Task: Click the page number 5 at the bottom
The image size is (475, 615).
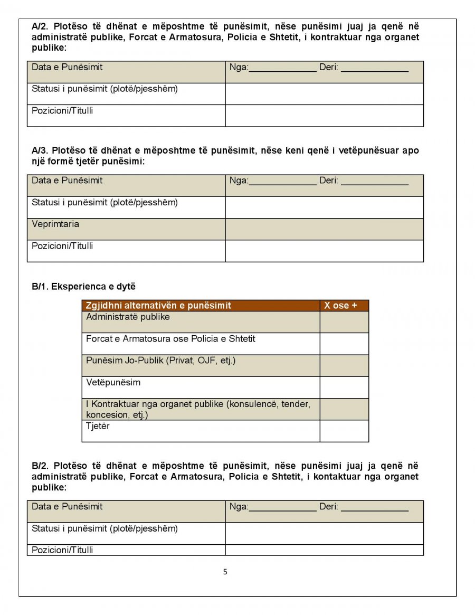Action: click(225, 572)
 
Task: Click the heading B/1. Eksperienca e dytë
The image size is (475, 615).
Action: click(83, 287)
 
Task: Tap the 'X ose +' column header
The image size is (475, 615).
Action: click(340, 306)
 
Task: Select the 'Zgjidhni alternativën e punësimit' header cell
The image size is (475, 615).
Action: click(158, 306)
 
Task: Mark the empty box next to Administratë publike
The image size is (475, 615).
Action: click(344, 322)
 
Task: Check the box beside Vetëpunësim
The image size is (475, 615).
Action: click(344, 387)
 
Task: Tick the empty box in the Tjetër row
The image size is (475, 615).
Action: click(344, 431)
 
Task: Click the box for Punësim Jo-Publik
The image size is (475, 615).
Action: click(344, 365)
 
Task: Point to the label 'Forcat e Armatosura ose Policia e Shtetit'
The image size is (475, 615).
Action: click(170, 338)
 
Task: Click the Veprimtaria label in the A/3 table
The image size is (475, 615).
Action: click(55, 224)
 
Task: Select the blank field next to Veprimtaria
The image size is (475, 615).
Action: click(324, 229)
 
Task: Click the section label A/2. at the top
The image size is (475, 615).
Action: click(40, 25)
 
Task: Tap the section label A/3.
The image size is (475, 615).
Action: click(40, 150)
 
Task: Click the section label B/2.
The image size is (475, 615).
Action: click(40, 466)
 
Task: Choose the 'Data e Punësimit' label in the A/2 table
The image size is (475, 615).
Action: click(67, 68)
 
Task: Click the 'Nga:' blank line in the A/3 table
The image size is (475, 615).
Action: click(282, 182)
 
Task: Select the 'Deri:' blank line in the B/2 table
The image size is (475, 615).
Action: click(375, 508)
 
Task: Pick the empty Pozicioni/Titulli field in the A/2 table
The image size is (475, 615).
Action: click(324, 116)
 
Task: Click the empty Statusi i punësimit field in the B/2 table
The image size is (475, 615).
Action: click(324, 533)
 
